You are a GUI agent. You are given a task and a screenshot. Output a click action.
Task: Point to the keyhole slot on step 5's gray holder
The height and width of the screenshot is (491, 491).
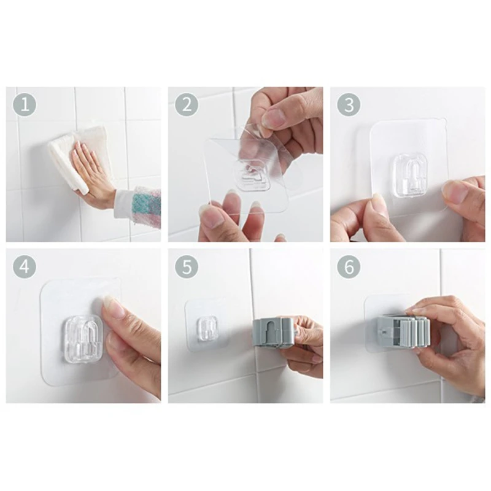[x=266, y=332]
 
